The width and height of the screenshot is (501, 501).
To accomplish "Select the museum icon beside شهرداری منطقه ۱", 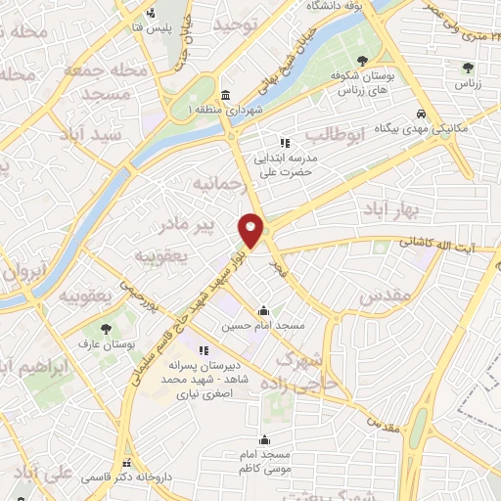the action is [226, 95].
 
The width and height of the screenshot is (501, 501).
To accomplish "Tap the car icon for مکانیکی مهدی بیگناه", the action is [420, 113].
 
